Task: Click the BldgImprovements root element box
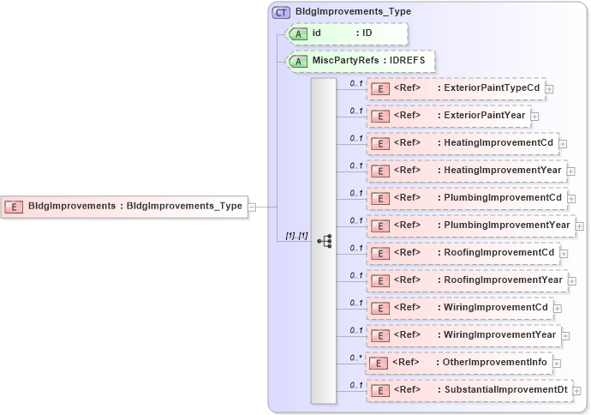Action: point(124,206)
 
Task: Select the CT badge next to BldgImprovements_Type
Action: point(281,12)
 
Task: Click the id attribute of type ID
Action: point(346,33)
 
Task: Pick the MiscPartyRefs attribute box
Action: point(360,61)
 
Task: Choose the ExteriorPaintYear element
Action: point(448,116)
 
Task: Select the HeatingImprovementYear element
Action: point(467,171)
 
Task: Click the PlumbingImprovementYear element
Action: point(470,226)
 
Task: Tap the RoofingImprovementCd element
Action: point(463,253)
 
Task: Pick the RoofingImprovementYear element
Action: point(467,280)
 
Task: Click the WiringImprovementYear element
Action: point(463,335)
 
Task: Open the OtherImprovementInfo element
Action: point(458,363)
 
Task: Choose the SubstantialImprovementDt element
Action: point(469,390)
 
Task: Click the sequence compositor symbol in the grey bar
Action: point(324,241)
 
